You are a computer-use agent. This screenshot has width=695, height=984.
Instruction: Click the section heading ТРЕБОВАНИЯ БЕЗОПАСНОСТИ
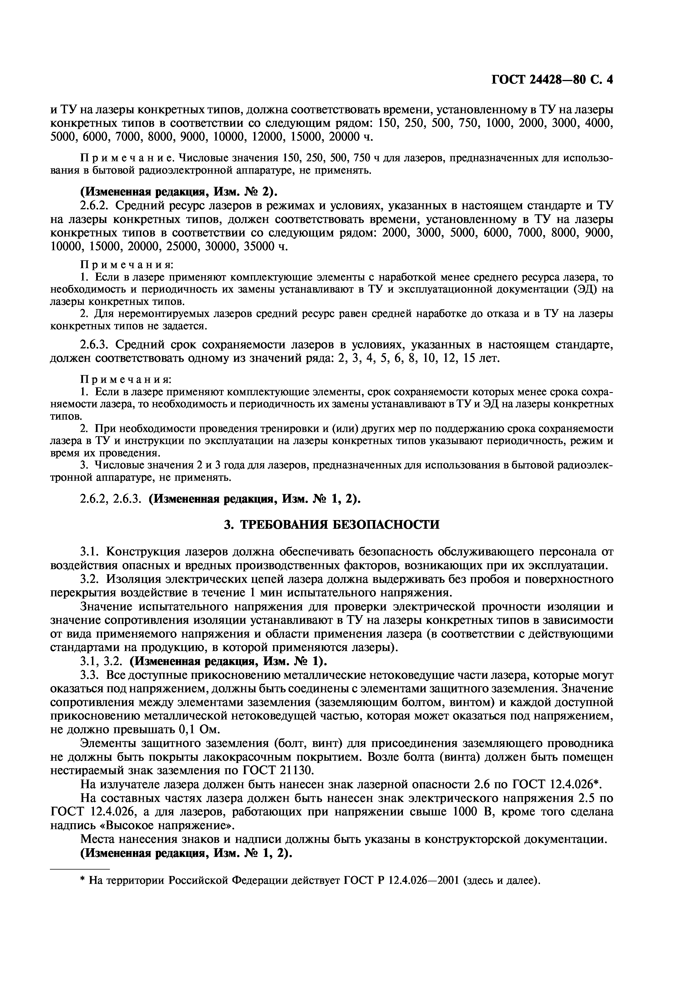[332, 525]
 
